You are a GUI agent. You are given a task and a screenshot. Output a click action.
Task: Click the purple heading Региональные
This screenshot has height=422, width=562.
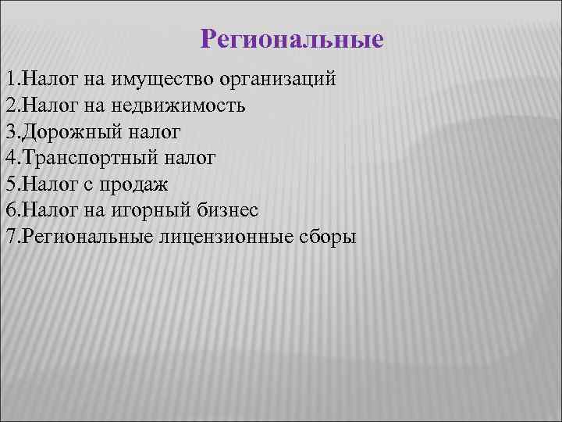(292, 39)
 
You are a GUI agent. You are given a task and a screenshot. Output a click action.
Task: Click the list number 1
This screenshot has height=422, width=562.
(9, 79)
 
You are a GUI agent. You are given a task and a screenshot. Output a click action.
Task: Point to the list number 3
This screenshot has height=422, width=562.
(9, 131)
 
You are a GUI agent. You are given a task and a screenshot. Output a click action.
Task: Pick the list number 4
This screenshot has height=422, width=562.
(9, 158)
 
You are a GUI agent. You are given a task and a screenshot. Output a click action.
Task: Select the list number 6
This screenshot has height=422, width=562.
(9, 210)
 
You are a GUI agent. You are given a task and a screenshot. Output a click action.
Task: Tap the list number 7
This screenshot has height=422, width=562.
(9, 237)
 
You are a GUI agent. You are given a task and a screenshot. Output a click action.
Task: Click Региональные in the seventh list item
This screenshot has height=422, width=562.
(84, 237)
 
